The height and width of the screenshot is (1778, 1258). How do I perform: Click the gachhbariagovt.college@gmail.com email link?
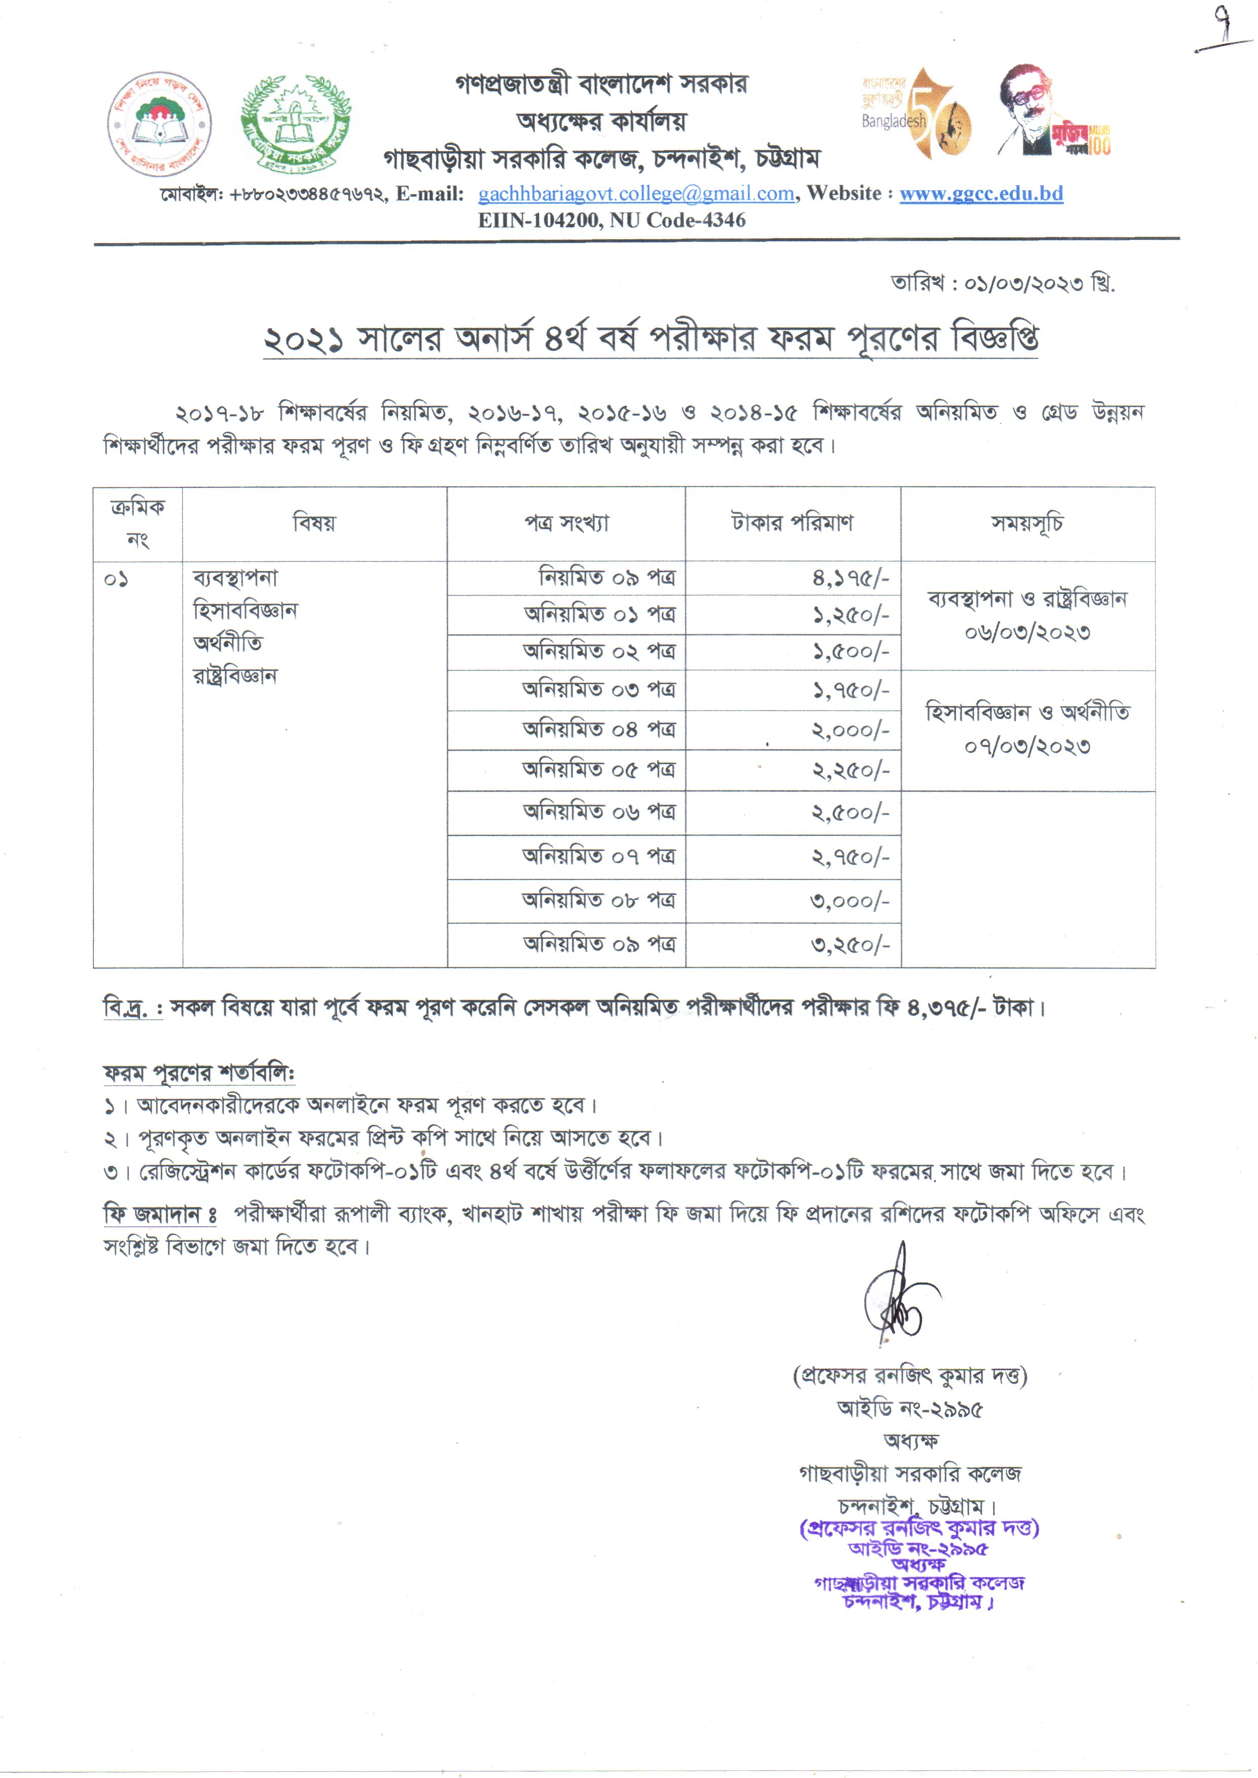pyautogui.click(x=636, y=194)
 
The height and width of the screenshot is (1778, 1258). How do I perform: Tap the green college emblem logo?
pyautogui.click(x=295, y=122)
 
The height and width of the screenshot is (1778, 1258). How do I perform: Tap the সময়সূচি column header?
pyautogui.click(x=1027, y=524)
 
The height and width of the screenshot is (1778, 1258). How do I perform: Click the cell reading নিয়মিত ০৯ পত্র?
pyautogui.click(x=606, y=578)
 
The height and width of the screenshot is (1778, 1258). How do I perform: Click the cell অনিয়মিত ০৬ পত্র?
pyautogui.click(x=599, y=812)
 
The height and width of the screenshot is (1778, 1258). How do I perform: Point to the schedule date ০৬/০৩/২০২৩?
pyautogui.click(x=1027, y=633)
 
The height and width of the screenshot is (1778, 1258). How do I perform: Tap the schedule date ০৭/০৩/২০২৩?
pyautogui.click(x=1027, y=747)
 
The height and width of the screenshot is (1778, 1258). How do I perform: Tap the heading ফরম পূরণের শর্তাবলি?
pyautogui.click(x=199, y=1074)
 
